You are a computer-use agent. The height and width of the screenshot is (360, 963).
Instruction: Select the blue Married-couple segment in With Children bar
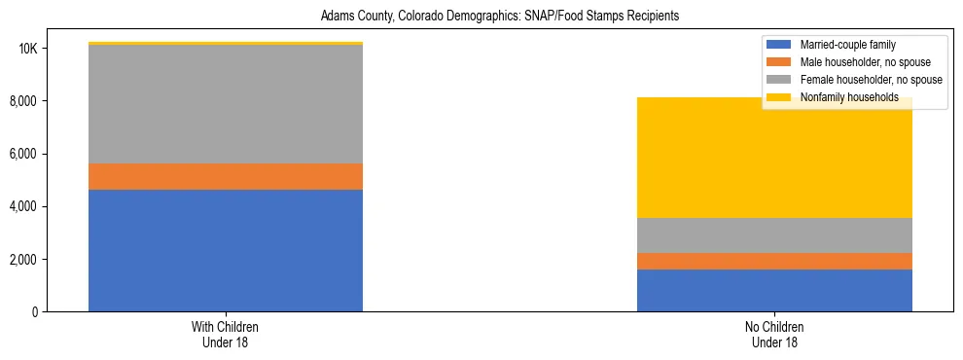pyautogui.click(x=226, y=250)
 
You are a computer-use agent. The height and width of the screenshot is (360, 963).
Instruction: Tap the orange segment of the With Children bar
pyautogui.click(x=226, y=176)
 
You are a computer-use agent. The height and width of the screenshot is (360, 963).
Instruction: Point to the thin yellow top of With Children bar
pyautogui.click(x=226, y=43)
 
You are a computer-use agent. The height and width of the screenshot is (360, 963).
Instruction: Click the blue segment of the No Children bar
pyautogui.click(x=774, y=290)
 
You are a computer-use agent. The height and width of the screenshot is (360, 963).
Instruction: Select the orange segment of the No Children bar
pyautogui.click(x=774, y=261)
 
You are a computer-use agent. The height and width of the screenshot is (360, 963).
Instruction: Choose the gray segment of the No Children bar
pyautogui.click(x=774, y=234)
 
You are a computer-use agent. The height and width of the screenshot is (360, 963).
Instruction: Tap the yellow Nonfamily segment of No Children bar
pyautogui.click(x=774, y=165)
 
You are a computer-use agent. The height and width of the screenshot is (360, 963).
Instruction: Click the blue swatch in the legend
pyautogui.click(x=780, y=45)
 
